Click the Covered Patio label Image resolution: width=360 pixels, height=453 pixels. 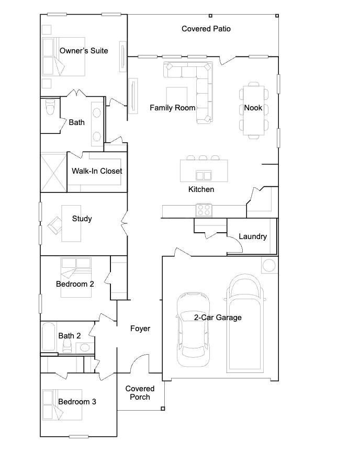206,29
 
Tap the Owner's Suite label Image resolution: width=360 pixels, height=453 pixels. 84,51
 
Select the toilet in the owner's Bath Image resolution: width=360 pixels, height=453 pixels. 50,107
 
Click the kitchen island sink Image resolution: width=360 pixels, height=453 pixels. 204,175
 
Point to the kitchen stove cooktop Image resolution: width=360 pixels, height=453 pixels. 204,210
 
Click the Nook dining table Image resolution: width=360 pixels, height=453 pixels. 254,110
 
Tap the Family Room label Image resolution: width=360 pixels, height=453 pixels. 173,108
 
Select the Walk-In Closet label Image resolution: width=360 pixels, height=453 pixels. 97,171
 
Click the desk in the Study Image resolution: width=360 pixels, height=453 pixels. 71,223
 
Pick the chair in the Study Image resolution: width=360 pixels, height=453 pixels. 54,225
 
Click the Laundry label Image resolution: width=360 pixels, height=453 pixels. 253,236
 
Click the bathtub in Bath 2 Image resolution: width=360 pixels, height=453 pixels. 49,337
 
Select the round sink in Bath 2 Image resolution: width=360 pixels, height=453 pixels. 85,347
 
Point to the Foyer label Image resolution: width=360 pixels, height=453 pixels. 140,329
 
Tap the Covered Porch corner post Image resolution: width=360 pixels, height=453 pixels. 163,409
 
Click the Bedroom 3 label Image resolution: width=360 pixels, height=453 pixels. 77,402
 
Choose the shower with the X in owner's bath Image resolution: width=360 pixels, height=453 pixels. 54,172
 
